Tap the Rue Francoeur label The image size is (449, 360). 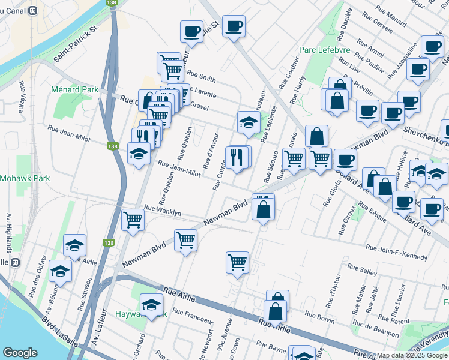pos(192,313)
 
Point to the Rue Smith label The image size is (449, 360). pos(201,77)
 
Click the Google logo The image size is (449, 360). pos(20,353)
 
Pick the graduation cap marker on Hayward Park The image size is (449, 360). pos(151,304)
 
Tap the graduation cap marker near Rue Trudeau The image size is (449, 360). pos(249,122)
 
